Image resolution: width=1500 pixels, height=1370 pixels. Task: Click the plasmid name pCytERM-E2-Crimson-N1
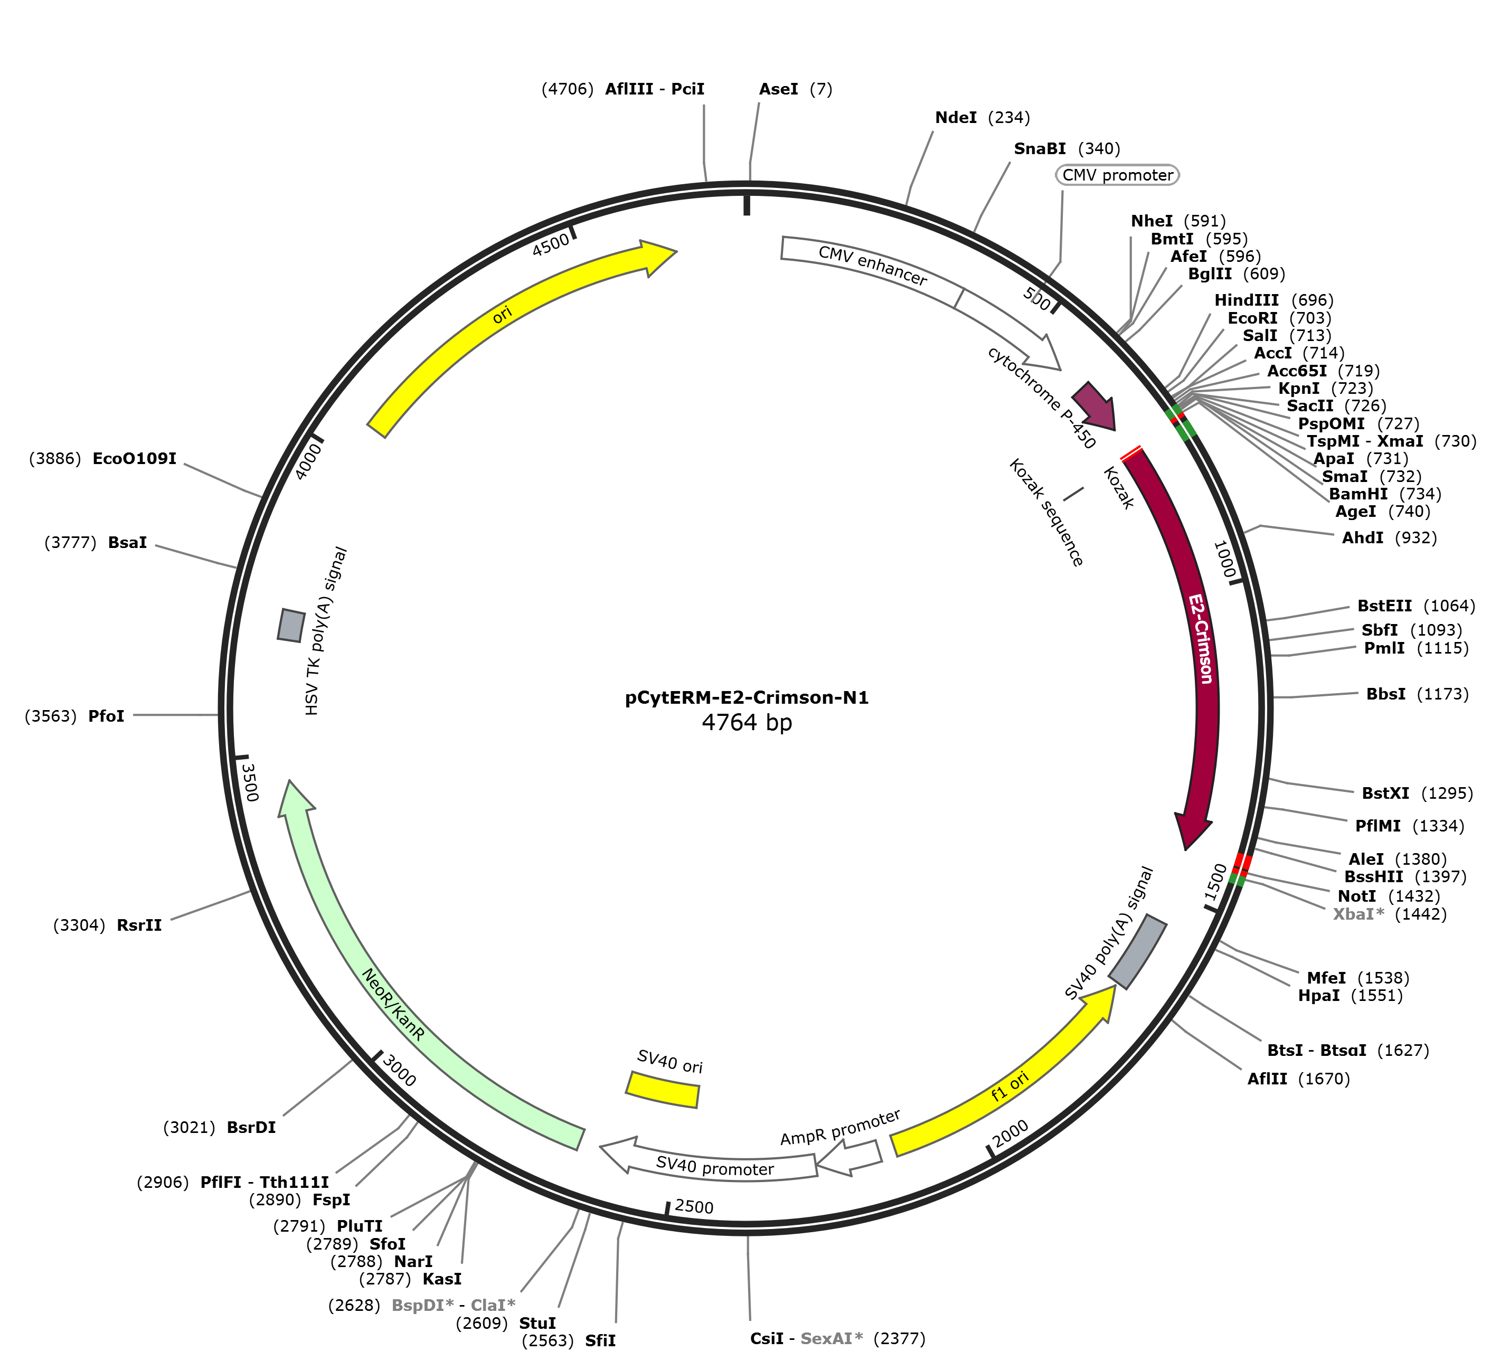coord(746,698)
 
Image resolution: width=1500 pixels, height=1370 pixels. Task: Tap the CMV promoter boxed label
coord(1118,175)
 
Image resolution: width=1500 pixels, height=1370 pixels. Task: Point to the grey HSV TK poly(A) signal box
coord(291,625)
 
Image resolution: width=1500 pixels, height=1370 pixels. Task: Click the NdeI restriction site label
coord(955,118)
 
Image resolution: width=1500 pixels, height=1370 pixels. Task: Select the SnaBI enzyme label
coord(1040,149)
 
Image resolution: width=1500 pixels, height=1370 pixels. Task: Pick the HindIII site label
coord(1246,300)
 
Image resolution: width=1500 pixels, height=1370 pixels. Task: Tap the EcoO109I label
coord(134,458)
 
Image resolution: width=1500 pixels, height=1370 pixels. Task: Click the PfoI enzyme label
coord(107,716)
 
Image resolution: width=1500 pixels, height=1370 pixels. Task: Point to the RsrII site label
coord(139,925)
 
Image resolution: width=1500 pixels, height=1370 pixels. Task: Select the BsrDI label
coord(251,1127)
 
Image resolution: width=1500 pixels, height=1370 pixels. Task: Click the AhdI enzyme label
coord(1362,537)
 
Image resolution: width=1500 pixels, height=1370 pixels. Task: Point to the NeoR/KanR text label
coord(393,1004)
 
